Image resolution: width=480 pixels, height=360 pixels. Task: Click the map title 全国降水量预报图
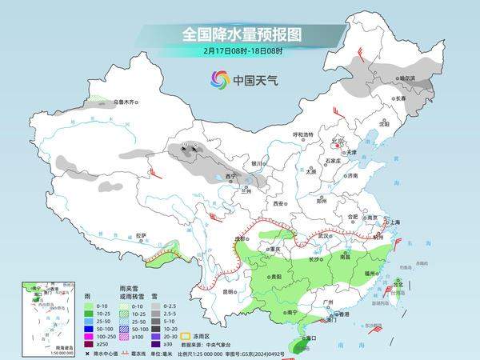[239, 34]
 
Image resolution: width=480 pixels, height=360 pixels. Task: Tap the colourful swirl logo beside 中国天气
[219, 79]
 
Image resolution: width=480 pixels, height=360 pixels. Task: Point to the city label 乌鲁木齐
[126, 102]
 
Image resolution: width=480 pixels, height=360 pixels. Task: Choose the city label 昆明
[230, 291]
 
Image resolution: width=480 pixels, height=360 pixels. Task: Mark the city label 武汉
[322, 236]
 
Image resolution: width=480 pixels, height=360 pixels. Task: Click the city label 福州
[369, 274]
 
